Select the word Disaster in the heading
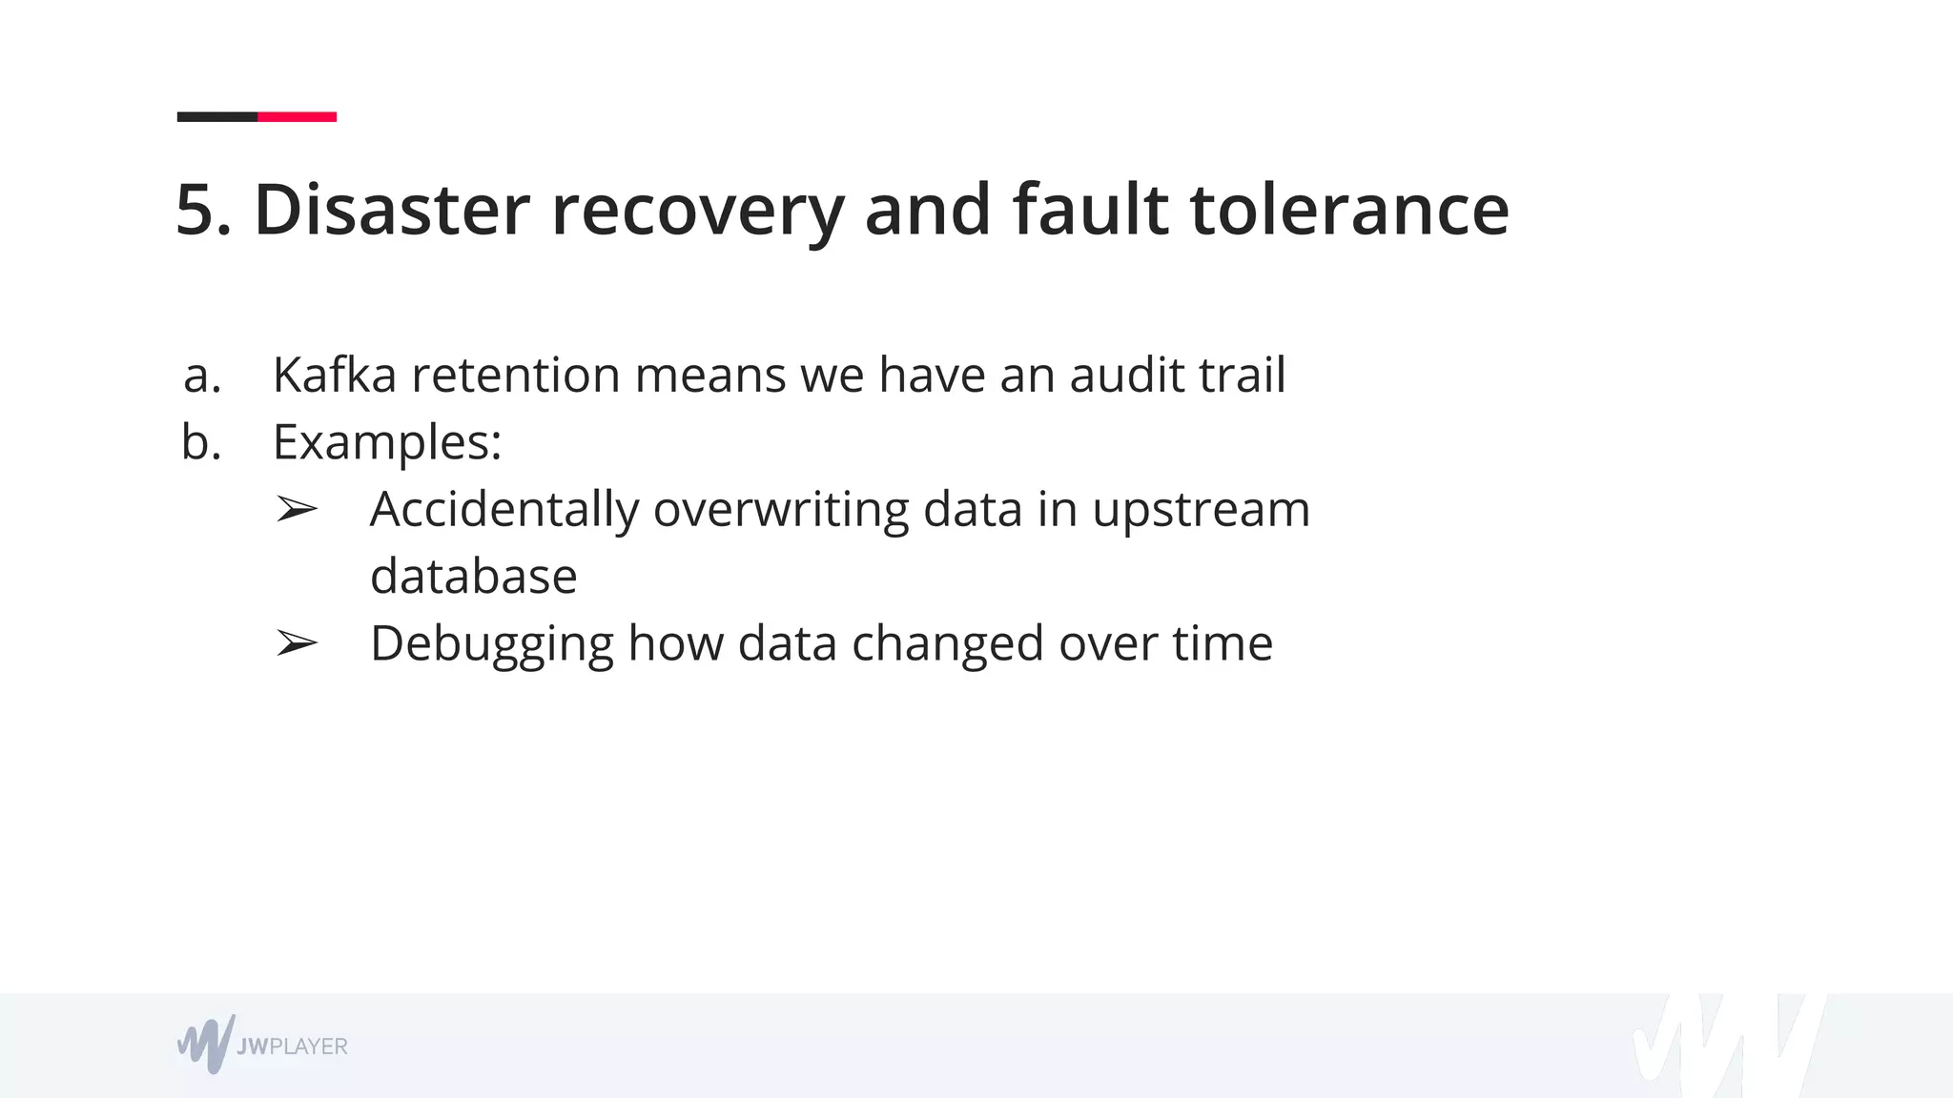[391, 210]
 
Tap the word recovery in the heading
[697, 212]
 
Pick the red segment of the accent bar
[297, 117]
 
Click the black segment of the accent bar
[217, 117]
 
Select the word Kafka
[334, 375]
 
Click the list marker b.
[201, 442]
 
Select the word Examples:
[387, 442]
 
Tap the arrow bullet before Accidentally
[296, 510]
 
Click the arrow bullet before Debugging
[296, 644]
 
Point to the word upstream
[1201, 510]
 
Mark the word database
[473, 577]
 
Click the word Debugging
[491, 644]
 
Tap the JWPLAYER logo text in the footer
[292, 1047]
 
